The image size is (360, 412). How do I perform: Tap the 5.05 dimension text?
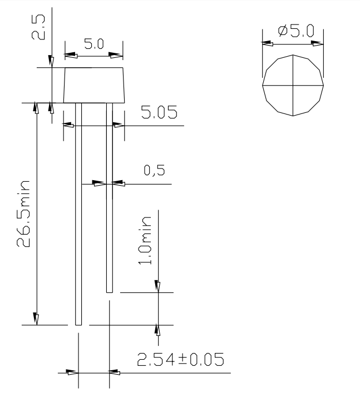pos(159,114)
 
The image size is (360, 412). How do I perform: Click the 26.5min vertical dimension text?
pos(23,214)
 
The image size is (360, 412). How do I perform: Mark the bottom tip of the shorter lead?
pos(109,290)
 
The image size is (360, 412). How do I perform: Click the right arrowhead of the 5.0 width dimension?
pos(116,56)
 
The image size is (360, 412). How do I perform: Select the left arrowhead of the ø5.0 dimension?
pos(268,42)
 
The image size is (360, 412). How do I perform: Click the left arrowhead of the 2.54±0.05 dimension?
pos(72,373)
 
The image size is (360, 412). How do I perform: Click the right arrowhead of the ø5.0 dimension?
pos(318,42)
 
